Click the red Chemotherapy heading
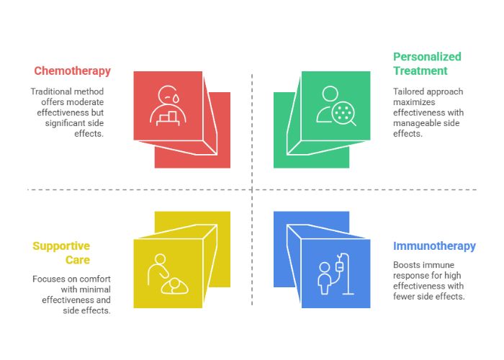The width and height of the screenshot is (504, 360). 72,71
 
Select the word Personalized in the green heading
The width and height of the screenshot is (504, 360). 427,57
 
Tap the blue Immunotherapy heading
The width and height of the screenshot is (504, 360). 434,246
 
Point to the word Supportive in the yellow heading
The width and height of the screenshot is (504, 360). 61,246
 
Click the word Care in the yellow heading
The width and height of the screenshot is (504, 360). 78,260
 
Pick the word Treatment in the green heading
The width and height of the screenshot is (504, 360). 420,71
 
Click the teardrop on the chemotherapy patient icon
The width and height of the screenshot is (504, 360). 176,98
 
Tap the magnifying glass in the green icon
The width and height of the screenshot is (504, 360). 344,114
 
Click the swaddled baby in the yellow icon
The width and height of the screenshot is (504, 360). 174,286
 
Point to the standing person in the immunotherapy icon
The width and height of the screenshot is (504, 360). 324,278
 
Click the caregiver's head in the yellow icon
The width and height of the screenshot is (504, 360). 160,259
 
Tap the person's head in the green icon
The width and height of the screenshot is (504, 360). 330,94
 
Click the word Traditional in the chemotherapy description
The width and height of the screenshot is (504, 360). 51,91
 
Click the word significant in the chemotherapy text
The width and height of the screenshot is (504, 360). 61,123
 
